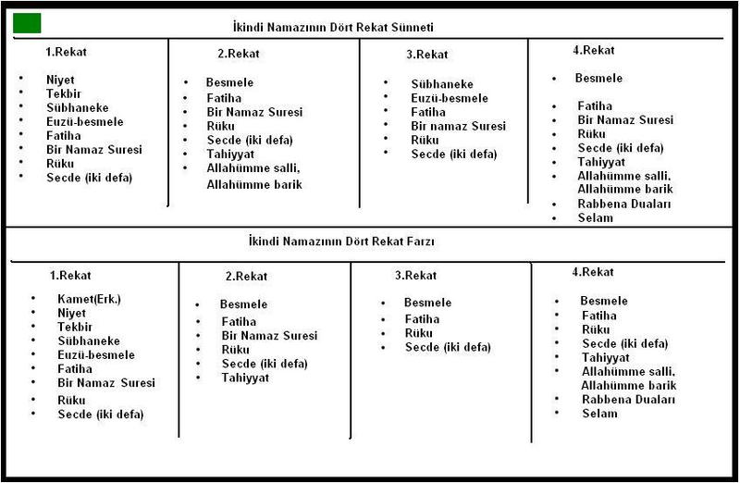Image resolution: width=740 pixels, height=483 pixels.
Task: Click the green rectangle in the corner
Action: click(x=27, y=23)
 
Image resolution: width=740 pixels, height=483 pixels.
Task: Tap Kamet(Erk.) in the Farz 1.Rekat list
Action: click(x=89, y=298)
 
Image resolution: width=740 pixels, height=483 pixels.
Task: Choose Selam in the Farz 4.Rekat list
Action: click(x=599, y=414)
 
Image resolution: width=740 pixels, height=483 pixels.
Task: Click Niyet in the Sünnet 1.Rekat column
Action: click(x=60, y=80)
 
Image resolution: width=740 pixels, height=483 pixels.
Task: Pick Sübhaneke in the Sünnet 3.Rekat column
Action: click(x=440, y=83)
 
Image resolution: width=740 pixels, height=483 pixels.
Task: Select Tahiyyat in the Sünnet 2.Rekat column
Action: click(x=230, y=154)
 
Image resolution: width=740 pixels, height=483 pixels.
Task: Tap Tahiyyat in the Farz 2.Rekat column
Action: click(x=245, y=378)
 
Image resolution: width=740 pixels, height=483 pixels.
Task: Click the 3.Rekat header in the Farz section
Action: click(x=415, y=276)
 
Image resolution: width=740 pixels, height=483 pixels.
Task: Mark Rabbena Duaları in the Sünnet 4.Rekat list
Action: click(x=623, y=204)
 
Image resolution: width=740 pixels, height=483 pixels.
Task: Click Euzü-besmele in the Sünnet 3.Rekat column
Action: click(x=450, y=98)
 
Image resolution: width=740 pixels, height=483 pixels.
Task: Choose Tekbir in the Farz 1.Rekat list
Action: click(x=74, y=327)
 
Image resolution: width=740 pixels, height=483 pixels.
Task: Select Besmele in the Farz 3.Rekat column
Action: click(x=427, y=303)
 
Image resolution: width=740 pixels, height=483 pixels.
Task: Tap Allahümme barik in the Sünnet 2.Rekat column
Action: click(x=254, y=184)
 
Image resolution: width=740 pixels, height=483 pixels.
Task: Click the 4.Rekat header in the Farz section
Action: click(x=593, y=272)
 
